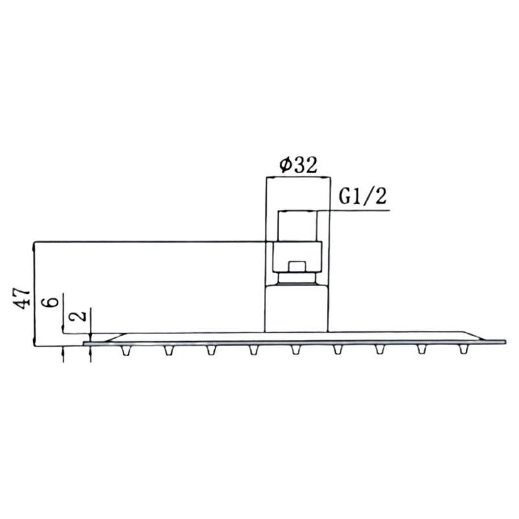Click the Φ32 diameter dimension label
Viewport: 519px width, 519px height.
[x=298, y=165]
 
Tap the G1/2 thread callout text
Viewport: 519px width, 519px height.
[x=363, y=197]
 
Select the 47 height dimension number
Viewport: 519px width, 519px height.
[x=22, y=298]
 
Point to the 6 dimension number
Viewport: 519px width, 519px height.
[x=51, y=302]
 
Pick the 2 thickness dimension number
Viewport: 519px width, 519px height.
[x=78, y=315]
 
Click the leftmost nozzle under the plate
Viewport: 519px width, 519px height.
[x=126, y=350]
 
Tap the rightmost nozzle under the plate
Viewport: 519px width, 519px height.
[x=463, y=350]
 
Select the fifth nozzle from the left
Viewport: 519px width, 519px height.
[x=296, y=350]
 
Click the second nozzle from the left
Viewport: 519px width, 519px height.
[x=169, y=350]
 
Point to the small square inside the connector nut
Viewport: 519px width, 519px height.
[x=297, y=267]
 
